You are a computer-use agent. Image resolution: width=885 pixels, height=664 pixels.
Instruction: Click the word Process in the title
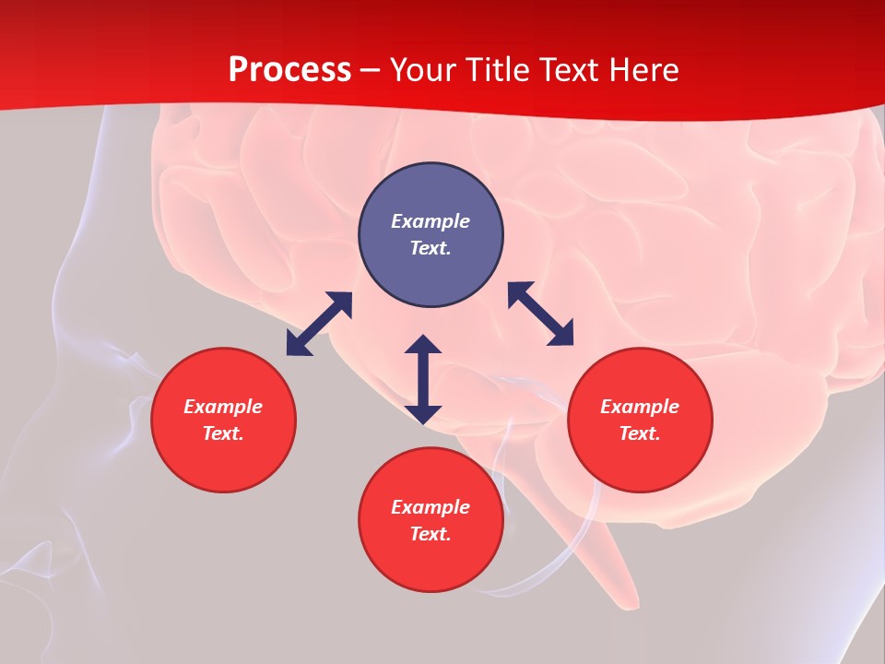click(x=289, y=70)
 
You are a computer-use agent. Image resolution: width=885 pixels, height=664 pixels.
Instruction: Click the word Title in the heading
click(x=498, y=70)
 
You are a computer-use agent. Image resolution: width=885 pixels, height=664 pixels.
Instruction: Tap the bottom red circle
click(x=431, y=563)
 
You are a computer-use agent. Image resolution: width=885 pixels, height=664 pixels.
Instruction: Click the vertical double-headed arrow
click(x=423, y=379)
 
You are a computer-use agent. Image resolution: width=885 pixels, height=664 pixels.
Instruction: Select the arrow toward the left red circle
click(x=319, y=324)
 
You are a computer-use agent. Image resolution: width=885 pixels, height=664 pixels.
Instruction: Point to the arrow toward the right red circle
click(x=540, y=314)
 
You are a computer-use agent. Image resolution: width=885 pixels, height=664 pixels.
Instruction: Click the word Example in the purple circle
click(x=431, y=221)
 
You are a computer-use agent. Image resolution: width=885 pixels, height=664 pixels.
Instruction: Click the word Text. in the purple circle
click(x=431, y=248)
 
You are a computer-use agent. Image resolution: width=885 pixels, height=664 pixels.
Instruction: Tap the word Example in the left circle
click(x=223, y=407)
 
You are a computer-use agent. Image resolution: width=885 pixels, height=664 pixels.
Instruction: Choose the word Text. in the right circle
click(x=640, y=433)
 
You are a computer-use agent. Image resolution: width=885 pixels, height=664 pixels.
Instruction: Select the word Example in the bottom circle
click(x=431, y=507)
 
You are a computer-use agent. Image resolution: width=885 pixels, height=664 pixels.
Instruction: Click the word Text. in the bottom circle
click(x=431, y=534)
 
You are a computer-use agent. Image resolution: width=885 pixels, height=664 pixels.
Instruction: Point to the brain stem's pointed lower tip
click(x=633, y=604)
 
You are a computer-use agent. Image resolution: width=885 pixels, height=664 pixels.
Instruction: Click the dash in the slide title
click(x=371, y=70)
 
